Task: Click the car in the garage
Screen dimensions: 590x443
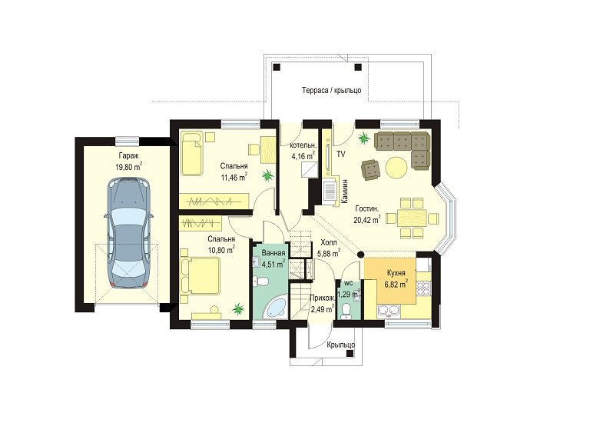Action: click(129, 233)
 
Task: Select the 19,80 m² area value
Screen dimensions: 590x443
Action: click(128, 167)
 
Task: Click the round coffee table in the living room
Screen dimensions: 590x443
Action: click(396, 167)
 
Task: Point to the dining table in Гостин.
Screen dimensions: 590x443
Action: click(412, 218)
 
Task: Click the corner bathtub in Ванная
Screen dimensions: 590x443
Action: click(276, 308)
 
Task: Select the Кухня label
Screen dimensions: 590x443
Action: click(396, 273)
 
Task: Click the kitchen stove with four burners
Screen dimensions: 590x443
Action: click(423, 288)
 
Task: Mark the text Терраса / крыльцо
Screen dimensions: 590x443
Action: click(332, 91)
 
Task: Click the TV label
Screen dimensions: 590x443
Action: click(341, 154)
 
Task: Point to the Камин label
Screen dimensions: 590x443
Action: click(345, 192)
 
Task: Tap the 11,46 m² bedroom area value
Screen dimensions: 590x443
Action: click(234, 177)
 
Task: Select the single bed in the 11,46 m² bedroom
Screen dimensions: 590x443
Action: click(192, 153)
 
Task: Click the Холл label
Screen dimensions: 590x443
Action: click(328, 242)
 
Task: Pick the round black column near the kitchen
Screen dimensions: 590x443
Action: click(360, 255)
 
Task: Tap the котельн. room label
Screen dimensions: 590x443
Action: click(303, 145)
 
